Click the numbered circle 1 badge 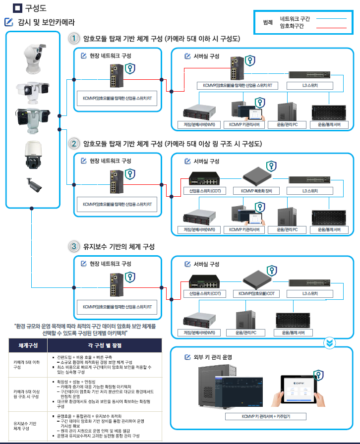coord(74,38)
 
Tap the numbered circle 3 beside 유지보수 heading coord(74,246)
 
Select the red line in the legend coord(331,26)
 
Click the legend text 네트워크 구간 coord(295,19)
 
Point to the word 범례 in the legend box coord(268,23)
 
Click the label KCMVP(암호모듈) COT coord(256,293)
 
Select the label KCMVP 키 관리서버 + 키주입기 coord(266,416)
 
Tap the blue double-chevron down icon coord(329,342)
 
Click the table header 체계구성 coord(29,345)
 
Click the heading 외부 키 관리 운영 coord(213,357)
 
